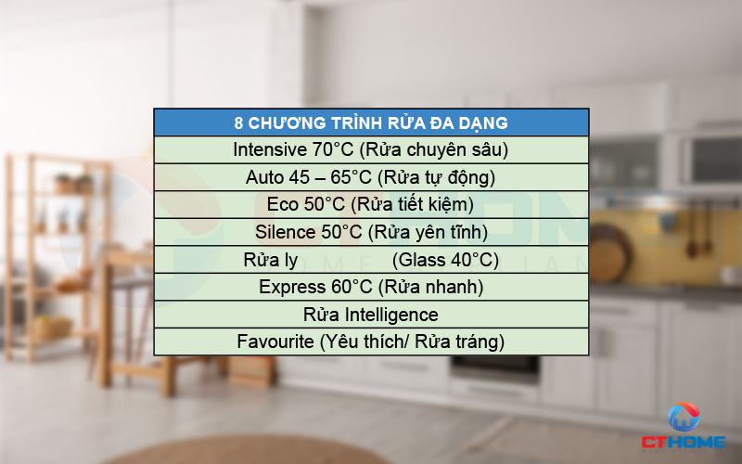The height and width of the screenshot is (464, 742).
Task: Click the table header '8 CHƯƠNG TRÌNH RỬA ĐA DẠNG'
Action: coord(371,122)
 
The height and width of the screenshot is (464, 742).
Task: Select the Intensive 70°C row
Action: coord(371,149)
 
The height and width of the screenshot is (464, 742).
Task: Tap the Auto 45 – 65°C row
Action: coord(371,176)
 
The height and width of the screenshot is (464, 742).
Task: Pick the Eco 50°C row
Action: coord(371,204)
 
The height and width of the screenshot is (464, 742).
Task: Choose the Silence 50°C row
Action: coord(371,232)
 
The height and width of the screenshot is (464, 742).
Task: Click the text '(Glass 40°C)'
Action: coord(445,260)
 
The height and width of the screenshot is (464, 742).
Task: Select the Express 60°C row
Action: coord(371,287)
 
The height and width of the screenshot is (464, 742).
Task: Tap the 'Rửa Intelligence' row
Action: coord(371,315)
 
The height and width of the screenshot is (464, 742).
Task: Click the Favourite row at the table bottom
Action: coord(371,342)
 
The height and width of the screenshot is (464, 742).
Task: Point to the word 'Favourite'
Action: coord(275,342)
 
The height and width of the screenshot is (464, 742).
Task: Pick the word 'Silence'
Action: coord(286,232)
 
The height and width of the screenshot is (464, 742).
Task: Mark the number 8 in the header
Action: coord(239,122)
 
